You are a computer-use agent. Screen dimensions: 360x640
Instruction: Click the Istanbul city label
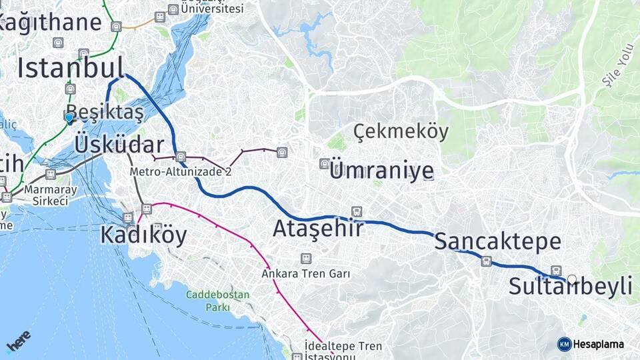point(71,68)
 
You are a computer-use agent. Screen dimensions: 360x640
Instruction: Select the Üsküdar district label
point(119,145)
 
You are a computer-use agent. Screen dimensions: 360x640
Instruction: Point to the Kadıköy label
point(143,235)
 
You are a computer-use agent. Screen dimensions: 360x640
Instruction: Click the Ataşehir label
point(318,229)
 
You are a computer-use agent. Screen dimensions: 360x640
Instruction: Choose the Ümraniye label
point(381,171)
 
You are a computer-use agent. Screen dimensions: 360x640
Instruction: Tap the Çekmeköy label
point(401,131)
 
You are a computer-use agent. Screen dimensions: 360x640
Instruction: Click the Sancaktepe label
point(497,241)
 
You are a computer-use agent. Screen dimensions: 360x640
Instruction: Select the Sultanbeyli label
point(570,287)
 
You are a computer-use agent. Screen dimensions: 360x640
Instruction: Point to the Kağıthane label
point(50,22)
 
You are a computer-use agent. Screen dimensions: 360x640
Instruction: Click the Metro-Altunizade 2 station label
point(181,171)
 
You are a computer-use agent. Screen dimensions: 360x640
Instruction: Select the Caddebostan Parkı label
point(217,301)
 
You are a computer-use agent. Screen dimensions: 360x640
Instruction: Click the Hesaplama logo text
point(599,344)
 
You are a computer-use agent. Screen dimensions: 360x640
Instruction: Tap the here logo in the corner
point(18,341)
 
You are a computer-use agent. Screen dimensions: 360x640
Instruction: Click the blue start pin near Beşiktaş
point(69,117)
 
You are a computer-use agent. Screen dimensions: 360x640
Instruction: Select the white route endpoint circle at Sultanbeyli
point(571,279)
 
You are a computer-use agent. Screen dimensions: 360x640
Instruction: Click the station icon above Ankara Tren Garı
point(306,258)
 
